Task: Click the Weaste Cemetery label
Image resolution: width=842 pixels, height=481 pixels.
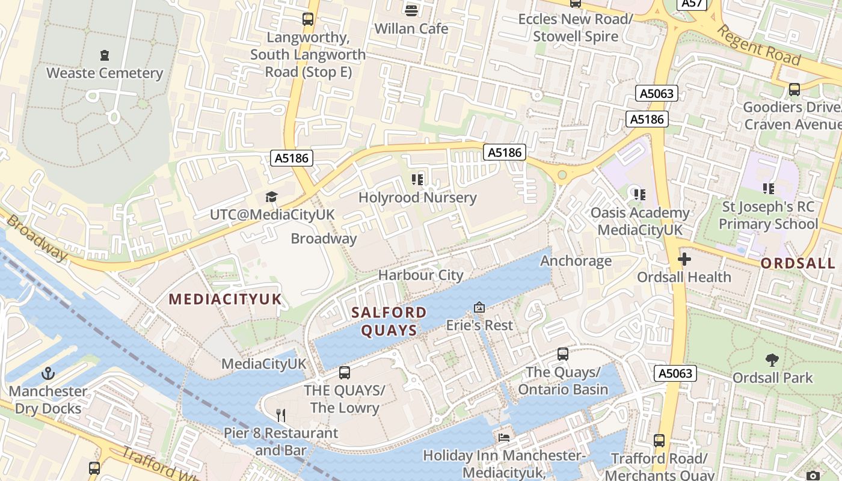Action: pyautogui.click(x=105, y=73)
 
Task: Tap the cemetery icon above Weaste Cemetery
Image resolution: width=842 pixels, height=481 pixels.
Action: pyautogui.click(x=105, y=55)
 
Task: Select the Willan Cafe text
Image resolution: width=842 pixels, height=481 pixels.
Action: pyautogui.click(x=411, y=29)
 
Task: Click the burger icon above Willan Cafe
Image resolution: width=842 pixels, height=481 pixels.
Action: pyautogui.click(x=411, y=10)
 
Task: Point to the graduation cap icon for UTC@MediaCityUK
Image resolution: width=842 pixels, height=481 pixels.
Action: pyautogui.click(x=271, y=197)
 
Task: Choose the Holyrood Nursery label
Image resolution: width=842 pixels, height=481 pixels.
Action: pyautogui.click(x=417, y=198)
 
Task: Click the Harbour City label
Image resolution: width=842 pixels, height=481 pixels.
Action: pyautogui.click(x=420, y=275)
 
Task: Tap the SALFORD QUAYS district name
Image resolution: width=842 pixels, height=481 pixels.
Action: pyautogui.click(x=389, y=321)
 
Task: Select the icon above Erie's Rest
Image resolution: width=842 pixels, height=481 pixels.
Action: pyautogui.click(x=479, y=307)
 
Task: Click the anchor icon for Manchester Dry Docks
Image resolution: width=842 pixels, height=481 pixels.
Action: pyautogui.click(x=48, y=373)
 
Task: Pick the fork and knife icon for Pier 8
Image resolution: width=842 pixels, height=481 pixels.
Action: pyautogui.click(x=280, y=415)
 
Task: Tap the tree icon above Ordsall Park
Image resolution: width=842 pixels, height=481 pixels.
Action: pyautogui.click(x=772, y=360)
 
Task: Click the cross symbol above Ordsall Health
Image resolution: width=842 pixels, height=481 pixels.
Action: pyautogui.click(x=684, y=260)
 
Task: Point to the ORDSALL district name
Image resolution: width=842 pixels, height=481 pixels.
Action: pyautogui.click(x=798, y=263)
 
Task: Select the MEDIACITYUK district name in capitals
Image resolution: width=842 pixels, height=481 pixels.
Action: pyautogui.click(x=225, y=299)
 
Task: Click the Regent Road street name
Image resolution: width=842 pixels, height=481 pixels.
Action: pyautogui.click(x=759, y=46)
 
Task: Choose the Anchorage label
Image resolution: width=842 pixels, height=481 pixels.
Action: pyautogui.click(x=576, y=261)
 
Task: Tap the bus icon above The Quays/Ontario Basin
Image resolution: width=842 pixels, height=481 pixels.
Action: pyautogui.click(x=563, y=354)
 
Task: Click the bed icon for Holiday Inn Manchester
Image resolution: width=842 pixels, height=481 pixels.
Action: pyautogui.click(x=504, y=437)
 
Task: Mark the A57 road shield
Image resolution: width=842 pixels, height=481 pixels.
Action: pyautogui.click(x=692, y=4)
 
